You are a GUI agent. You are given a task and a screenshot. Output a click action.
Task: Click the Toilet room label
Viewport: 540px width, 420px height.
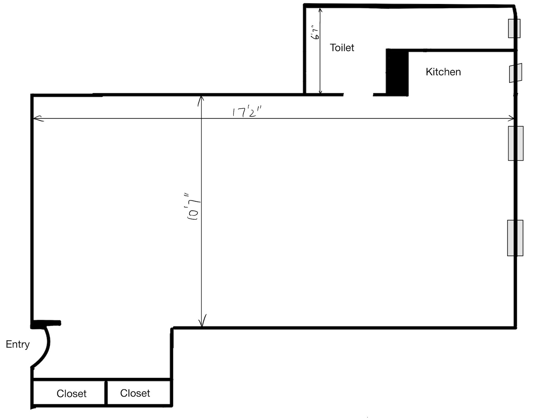[x=342, y=48]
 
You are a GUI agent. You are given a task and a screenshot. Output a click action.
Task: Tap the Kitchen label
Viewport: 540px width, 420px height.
[x=443, y=72]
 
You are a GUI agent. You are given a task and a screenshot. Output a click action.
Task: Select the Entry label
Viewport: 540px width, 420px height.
[x=18, y=344]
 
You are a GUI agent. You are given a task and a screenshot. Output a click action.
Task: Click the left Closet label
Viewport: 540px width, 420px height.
[x=71, y=393]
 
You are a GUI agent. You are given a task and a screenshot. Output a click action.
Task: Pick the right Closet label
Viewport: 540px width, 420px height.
[x=135, y=393]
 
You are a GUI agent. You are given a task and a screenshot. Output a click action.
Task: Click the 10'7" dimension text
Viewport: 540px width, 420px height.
[x=193, y=206]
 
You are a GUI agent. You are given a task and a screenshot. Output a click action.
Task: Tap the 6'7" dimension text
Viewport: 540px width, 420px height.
[x=315, y=32]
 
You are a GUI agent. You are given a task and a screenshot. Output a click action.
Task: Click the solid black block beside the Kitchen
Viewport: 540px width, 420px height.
[x=397, y=72]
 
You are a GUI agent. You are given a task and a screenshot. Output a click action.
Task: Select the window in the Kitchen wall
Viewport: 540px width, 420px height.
[x=516, y=73]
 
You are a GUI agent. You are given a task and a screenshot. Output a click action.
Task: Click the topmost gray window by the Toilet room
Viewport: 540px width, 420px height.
[x=514, y=28]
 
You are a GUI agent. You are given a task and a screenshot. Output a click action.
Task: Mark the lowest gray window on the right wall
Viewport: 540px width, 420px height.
[x=515, y=238]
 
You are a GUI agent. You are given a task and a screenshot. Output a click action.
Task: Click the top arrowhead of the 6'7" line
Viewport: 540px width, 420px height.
[x=320, y=11]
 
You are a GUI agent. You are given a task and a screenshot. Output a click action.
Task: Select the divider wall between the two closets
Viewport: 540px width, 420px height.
[x=106, y=393]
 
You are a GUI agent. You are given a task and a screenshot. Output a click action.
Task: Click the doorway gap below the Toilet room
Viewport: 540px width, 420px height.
[x=358, y=94]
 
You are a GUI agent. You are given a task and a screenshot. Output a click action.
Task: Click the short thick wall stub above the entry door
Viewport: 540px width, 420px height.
[x=46, y=323]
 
